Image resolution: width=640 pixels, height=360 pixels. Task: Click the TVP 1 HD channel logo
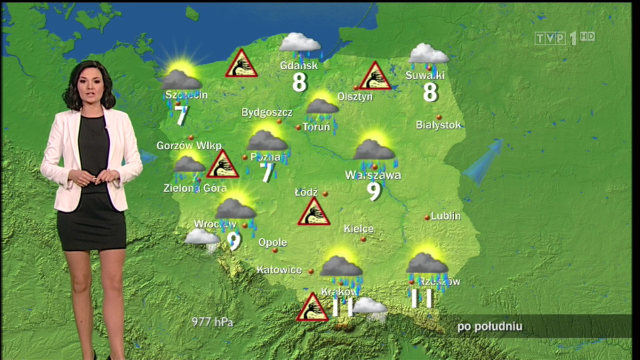point(564,38)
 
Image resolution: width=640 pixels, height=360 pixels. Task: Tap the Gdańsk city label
point(299,65)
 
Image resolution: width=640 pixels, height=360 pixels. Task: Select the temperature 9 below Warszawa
point(374,190)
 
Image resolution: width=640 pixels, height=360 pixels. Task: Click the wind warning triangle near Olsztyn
point(375,77)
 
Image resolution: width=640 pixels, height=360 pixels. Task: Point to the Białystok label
point(438,125)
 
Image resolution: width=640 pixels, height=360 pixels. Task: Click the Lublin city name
point(445,216)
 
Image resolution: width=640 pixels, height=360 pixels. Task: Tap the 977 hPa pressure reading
point(212,322)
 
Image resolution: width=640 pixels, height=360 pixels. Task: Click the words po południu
point(489,327)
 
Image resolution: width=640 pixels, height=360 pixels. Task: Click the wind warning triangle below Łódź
point(314,212)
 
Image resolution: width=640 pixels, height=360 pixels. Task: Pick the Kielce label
point(358,229)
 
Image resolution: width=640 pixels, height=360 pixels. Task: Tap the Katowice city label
point(279,270)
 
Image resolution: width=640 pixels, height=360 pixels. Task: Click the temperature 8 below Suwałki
point(430,92)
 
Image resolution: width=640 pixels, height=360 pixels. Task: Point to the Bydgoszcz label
point(267,112)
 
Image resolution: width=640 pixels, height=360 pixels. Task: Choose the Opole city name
point(272,242)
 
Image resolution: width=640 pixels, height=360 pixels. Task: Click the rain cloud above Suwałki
point(428,54)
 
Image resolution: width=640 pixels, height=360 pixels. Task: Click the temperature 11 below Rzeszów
point(421,298)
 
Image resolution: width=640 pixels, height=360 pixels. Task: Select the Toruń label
point(316,127)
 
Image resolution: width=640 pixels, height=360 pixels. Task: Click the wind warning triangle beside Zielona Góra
point(222,165)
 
